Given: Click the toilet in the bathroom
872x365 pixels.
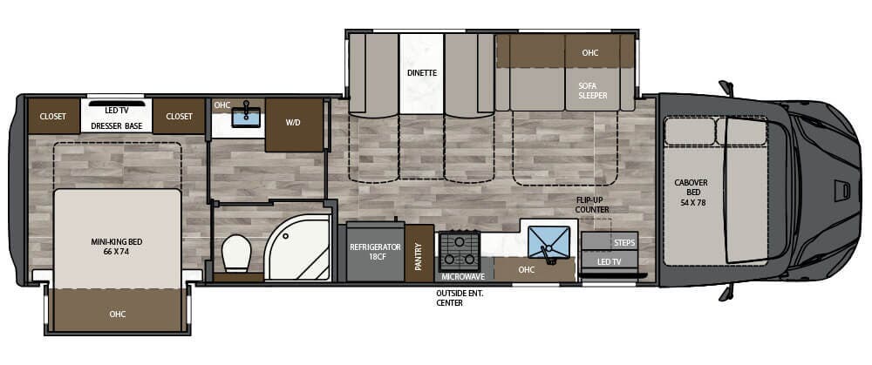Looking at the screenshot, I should coord(236,253).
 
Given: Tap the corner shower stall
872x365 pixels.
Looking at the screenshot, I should coord(296,249).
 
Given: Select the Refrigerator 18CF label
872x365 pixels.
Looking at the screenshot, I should coord(374,252).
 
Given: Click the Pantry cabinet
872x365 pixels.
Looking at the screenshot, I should coord(419,253).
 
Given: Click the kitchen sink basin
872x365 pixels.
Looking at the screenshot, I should coord(548,241).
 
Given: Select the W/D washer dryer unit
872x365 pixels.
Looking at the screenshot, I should coord(293,123).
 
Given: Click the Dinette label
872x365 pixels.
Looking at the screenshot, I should coord(421,73).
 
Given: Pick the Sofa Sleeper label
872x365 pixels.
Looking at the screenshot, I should coord(593,91).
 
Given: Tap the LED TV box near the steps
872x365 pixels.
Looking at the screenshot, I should coord(609,260).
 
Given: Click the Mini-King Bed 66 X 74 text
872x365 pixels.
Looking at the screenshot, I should coord(116,246).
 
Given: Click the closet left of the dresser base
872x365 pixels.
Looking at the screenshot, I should coord(52,116).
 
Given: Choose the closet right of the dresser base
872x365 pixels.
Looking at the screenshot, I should coord(179,116).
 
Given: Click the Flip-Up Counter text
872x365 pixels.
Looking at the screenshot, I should coord(590,205).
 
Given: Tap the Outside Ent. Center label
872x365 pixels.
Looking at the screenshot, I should coord(460,298).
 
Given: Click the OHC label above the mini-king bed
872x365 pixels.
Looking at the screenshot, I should coord(117,314).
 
